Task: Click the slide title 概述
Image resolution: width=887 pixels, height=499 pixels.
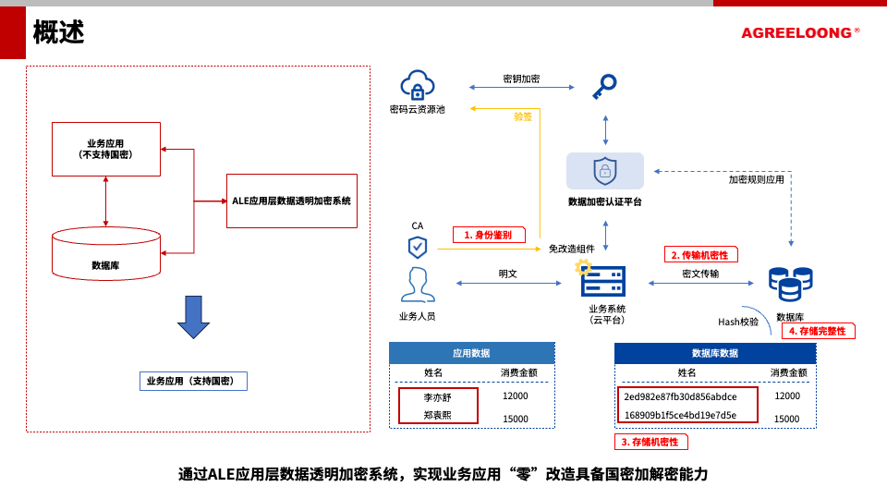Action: (x=59, y=32)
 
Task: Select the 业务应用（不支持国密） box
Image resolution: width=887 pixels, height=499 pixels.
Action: (x=106, y=149)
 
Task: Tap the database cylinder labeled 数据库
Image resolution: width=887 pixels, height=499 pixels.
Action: (x=106, y=254)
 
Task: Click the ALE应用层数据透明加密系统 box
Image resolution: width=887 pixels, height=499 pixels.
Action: (x=291, y=201)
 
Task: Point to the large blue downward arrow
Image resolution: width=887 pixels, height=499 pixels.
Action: (x=193, y=317)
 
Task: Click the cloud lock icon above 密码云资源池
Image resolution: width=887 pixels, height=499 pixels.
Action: (x=418, y=85)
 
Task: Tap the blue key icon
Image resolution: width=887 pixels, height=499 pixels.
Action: (x=604, y=87)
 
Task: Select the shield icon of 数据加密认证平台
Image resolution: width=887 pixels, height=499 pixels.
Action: (x=605, y=171)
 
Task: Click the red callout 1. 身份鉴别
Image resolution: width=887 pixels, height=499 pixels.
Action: (x=489, y=235)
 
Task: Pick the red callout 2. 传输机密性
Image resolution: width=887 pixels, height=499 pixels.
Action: (x=701, y=254)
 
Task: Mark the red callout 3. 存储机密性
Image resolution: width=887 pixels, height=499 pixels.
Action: (x=650, y=442)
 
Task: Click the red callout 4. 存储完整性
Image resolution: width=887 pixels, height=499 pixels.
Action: (x=818, y=331)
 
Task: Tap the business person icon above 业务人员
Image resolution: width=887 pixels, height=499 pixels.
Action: (x=418, y=286)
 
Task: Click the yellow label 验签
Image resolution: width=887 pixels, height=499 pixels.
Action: (x=523, y=116)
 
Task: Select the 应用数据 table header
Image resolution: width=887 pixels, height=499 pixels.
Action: (x=471, y=353)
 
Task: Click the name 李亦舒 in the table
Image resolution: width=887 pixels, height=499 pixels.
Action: (x=438, y=396)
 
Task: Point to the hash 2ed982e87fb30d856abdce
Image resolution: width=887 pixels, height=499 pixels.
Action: (x=680, y=396)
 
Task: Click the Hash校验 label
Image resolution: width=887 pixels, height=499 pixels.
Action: (x=738, y=322)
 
